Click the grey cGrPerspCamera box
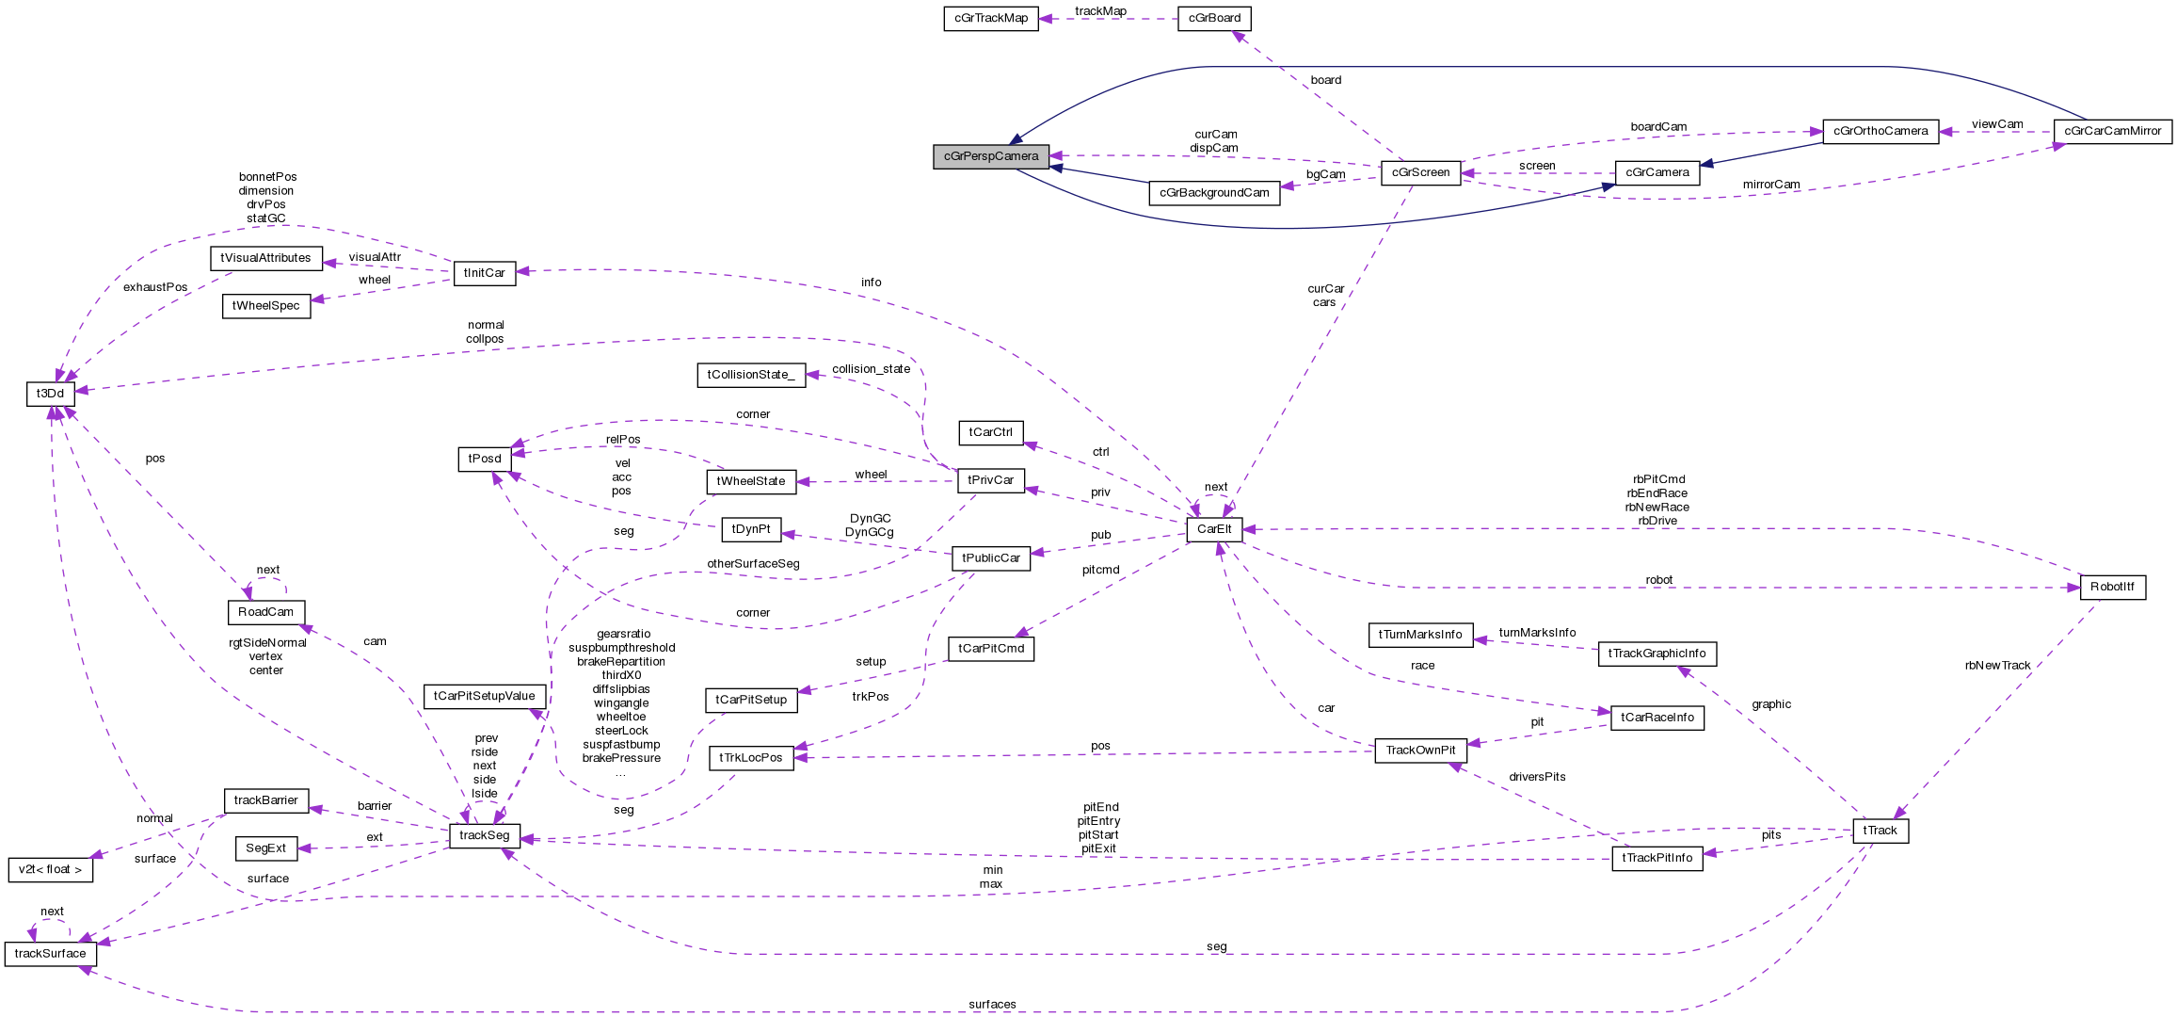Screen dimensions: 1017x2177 (x=990, y=156)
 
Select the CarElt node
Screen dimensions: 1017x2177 (x=1214, y=529)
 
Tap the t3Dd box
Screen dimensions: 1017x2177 (x=50, y=394)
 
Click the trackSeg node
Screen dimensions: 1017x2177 (x=485, y=835)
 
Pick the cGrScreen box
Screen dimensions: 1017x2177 (x=1420, y=172)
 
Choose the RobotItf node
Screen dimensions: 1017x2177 (x=2112, y=587)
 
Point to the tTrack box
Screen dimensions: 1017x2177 (x=1880, y=831)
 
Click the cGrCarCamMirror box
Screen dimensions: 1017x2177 (x=2112, y=131)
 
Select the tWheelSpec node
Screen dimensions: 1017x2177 (x=265, y=306)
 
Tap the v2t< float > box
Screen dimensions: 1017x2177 (x=50, y=869)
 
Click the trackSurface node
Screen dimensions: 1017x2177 (x=50, y=954)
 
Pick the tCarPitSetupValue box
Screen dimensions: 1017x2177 (x=484, y=696)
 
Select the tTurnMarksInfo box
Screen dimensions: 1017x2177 (x=1419, y=635)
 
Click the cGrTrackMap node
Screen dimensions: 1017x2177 (x=990, y=18)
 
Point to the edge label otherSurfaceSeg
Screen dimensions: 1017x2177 (x=753, y=564)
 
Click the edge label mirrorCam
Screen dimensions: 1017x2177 (x=1770, y=185)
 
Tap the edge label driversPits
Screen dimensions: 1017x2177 (x=1537, y=777)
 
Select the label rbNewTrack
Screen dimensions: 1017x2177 (x=1997, y=666)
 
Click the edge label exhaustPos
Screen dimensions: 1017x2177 (x=155, y=287)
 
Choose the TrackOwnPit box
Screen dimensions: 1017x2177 (x=1420, y=751)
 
